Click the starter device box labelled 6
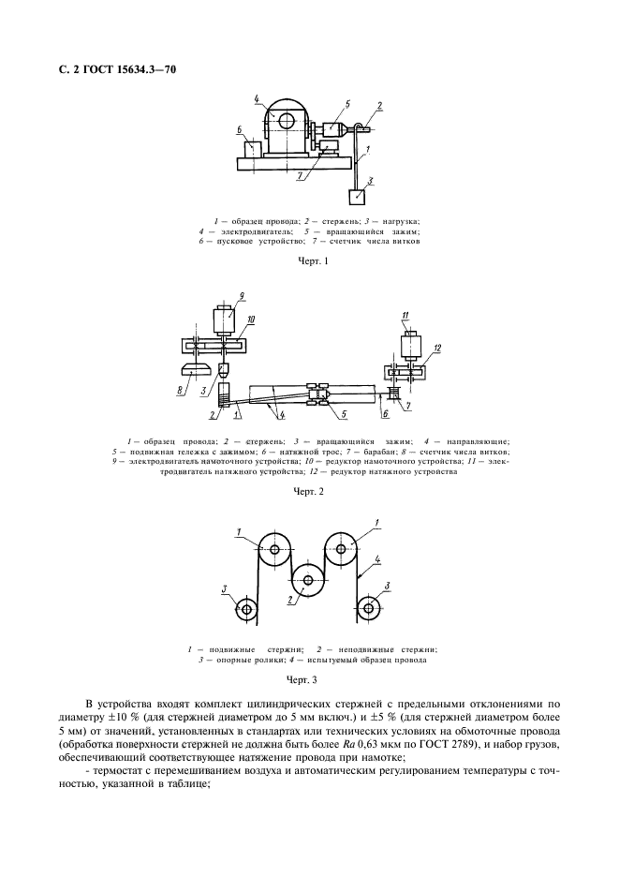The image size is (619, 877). pos(253,149)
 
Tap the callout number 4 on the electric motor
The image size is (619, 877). pos(256,97)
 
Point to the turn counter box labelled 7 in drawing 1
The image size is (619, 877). pos(330,147)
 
